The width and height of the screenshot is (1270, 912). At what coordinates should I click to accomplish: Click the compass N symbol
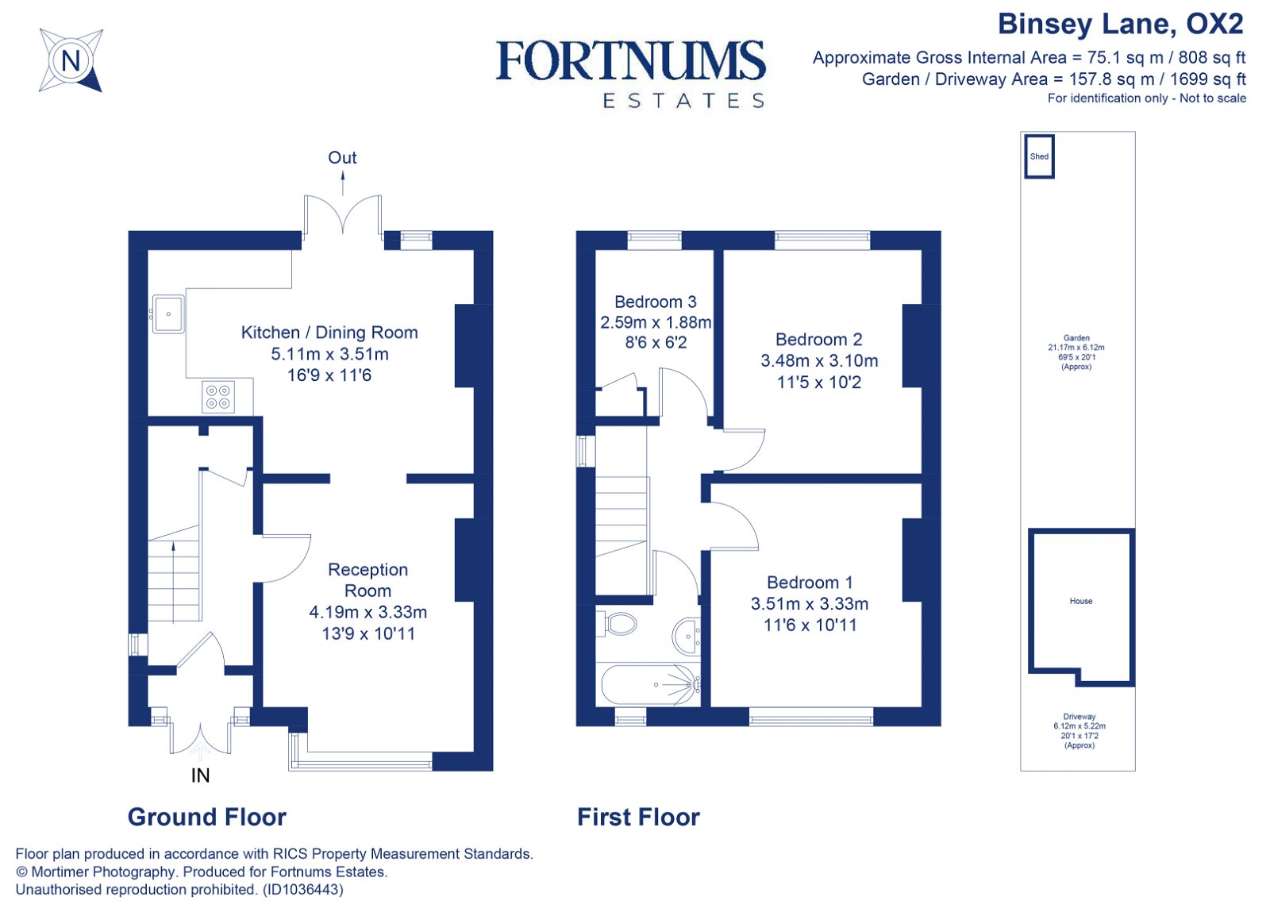(71, 60)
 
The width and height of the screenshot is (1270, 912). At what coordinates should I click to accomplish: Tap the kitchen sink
(168, 314)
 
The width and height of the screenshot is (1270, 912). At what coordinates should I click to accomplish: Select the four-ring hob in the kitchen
(218, 397)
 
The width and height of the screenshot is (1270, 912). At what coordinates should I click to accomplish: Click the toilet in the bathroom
(620, 623)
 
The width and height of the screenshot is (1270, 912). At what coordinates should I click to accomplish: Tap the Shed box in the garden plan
(1039, 156)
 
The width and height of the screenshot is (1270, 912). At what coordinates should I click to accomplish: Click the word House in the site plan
(1080, 601)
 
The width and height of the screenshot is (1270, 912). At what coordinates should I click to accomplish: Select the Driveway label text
(1079, 716)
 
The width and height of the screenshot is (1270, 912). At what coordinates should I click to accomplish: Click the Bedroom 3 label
(655, 302)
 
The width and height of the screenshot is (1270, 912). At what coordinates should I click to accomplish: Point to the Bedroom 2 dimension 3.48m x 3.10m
(819, 361)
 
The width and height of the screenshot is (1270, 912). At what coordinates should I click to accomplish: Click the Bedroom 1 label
(810, 583)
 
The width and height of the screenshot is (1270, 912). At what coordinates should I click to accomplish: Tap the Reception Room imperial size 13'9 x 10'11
(368, 633)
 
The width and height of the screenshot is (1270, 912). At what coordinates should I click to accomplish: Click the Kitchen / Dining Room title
(329, 333)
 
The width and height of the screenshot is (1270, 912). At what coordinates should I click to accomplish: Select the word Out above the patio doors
(342, 157)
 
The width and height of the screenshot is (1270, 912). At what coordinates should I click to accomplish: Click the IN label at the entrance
(200, 775)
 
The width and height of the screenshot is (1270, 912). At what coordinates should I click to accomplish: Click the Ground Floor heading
(206, 817)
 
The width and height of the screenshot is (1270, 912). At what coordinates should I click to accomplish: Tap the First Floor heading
(638, 817)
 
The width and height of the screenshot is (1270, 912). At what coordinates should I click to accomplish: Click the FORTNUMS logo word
(631, 61)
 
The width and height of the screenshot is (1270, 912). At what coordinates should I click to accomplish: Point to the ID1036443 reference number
(303, 890)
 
